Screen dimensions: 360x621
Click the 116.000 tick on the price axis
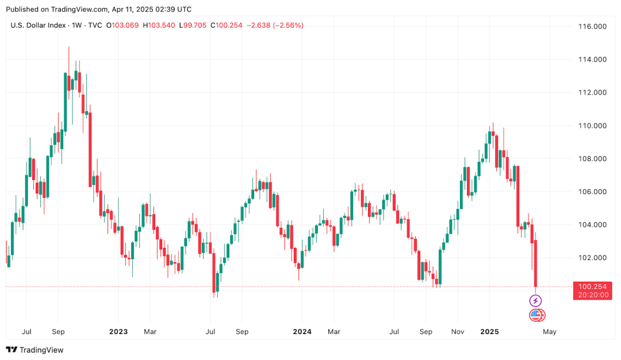coord(593,26)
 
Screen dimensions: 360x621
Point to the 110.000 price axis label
coord(593,125)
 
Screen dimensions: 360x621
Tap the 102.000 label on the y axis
coord(593,258)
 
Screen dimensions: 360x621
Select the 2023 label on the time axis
coord(118,332)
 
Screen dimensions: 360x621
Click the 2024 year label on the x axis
coord(302,332)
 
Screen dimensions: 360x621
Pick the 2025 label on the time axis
coord(489,332)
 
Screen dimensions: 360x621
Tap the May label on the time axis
coord(550,332)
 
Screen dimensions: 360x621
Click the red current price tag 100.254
coord(592,286)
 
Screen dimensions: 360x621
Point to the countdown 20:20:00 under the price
coord(592,295)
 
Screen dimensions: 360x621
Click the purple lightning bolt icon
coord(535,301)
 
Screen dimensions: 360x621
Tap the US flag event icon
coord(536,315)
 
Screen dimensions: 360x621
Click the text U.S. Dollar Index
coord(39,25)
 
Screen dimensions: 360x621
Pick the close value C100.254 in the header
coord(227,25)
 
